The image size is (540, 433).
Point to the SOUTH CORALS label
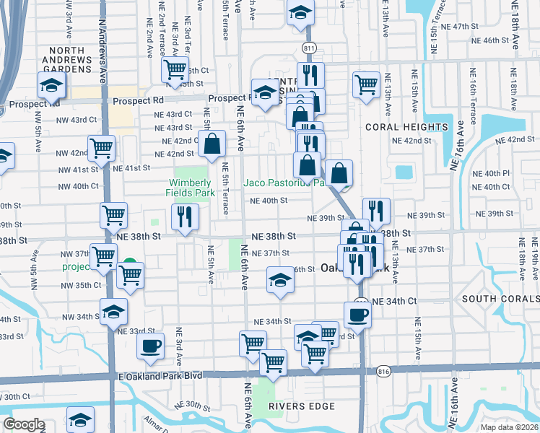[x=500, y=299]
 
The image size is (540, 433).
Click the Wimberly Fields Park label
[x=193, y=188]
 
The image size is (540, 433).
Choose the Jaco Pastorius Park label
[x=287, y=183]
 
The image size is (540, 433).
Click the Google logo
[x=24, y=424]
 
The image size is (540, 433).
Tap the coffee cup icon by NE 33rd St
[x=150, y=346]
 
